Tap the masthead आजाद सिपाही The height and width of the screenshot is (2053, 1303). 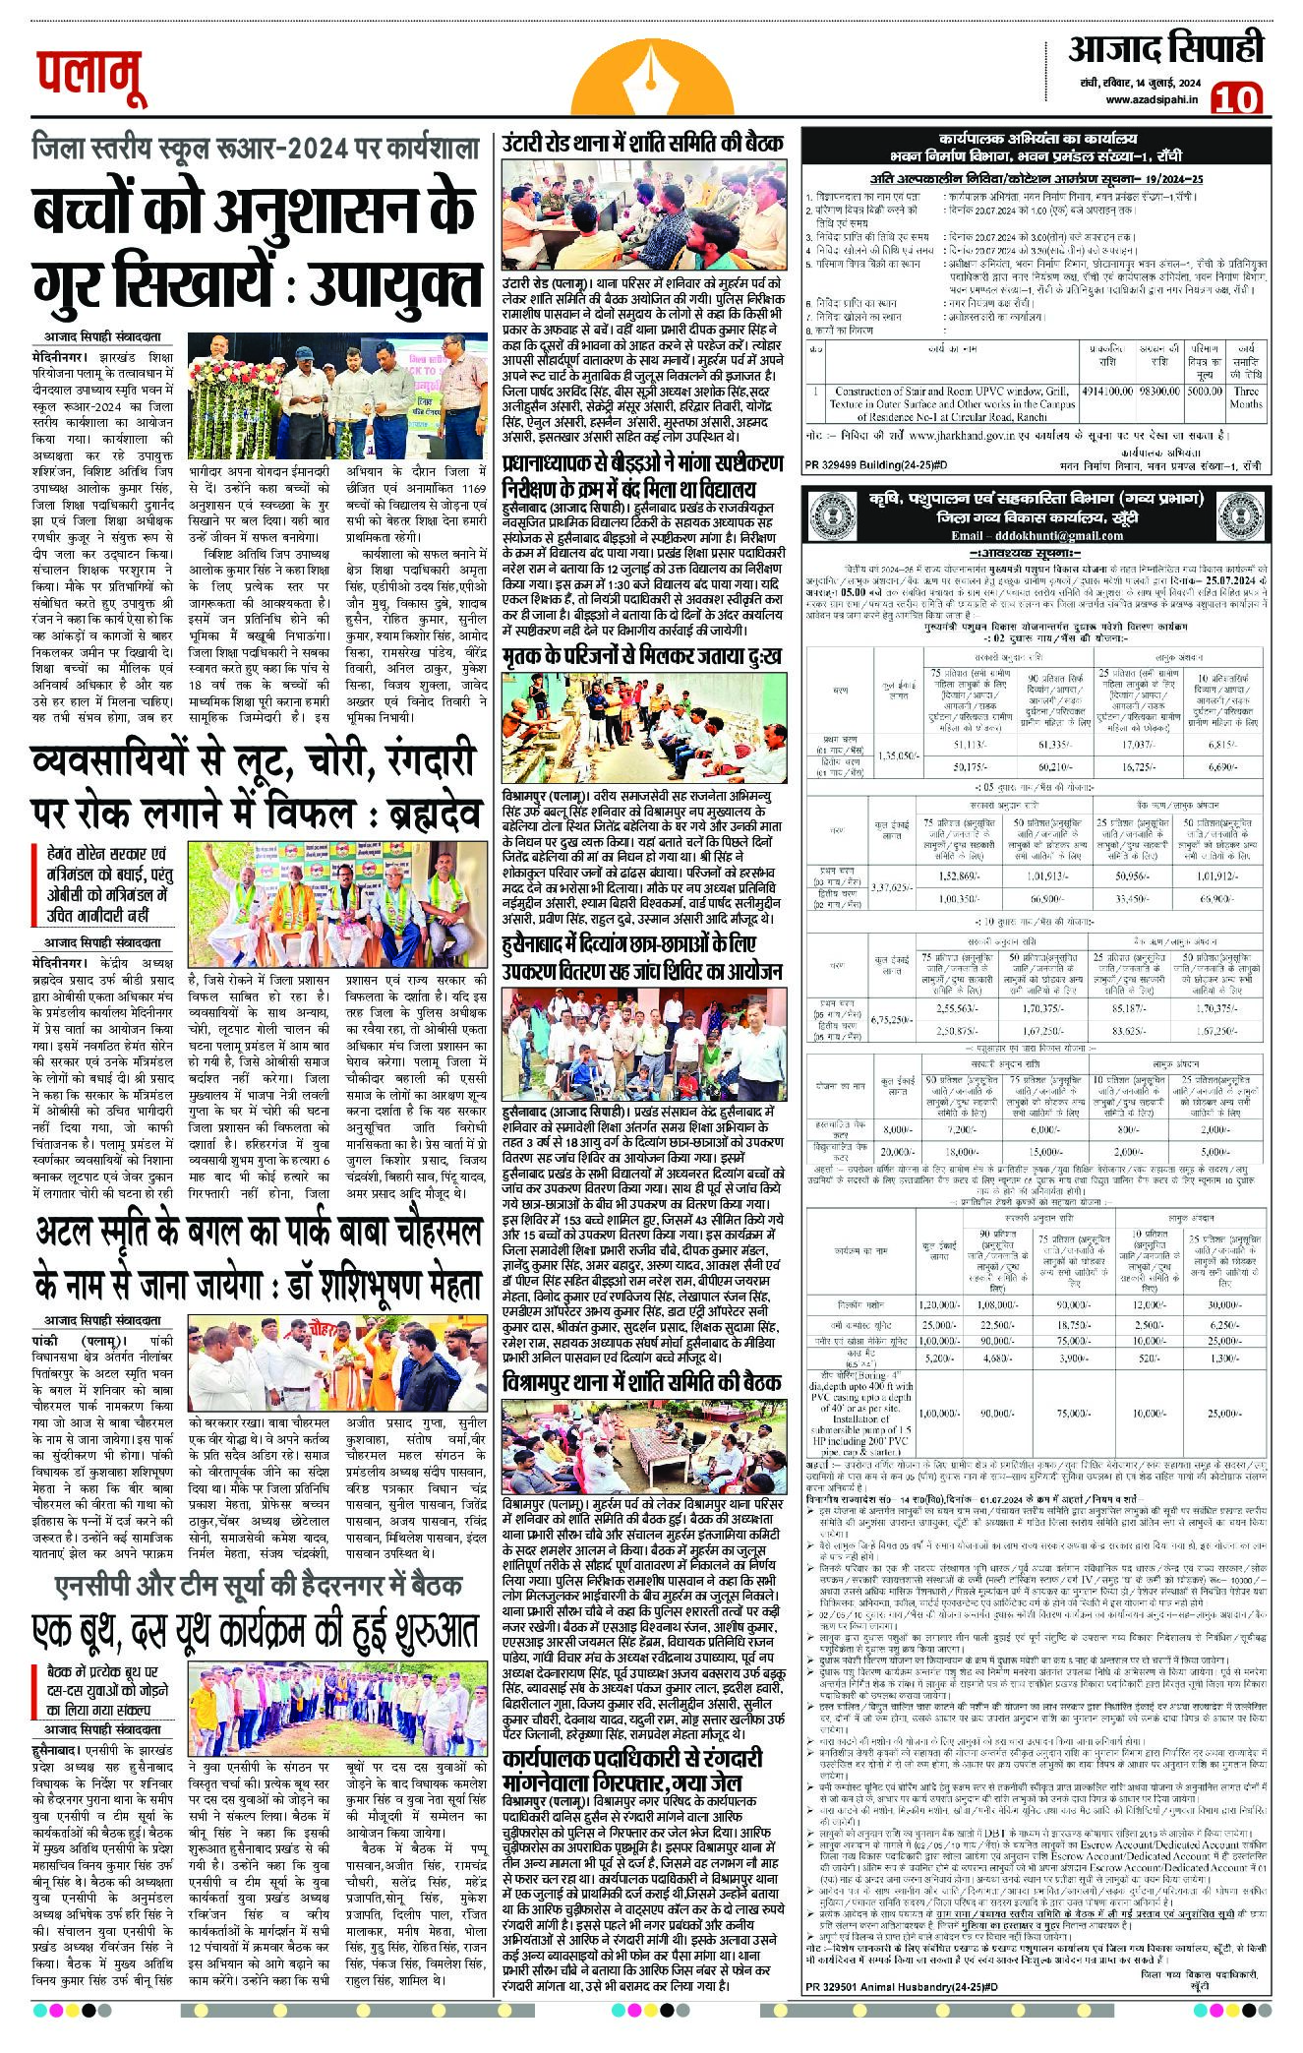pyautogui.click(x=1165, y=48)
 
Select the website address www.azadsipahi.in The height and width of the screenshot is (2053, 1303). pyautogui.click(x=1152, y=99)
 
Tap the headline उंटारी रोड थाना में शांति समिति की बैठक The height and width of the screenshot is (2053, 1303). pyautogui.click(x=643, y=144)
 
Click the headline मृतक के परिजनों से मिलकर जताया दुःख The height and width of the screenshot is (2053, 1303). pyautogui.click(x=643, y=658)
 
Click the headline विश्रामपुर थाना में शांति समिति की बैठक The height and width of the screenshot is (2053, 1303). pyautogui.click(x=643, y=1382)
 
